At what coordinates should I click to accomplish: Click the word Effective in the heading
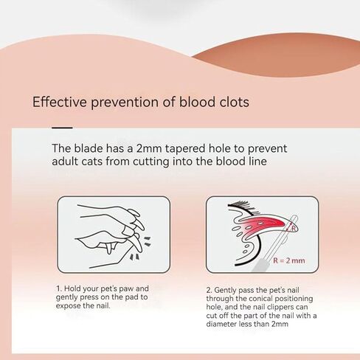pos(60,102)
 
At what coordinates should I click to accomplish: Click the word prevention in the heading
pos(125,103)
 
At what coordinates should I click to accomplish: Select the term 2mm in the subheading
pos(150,148)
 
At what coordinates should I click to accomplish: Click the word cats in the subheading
pos(91,162)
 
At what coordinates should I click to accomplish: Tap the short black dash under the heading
pos(62,128)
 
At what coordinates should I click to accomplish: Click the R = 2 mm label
pos(289,260)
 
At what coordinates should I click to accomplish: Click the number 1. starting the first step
pos(58,288)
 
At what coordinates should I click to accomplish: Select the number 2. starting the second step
pos(209,290)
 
